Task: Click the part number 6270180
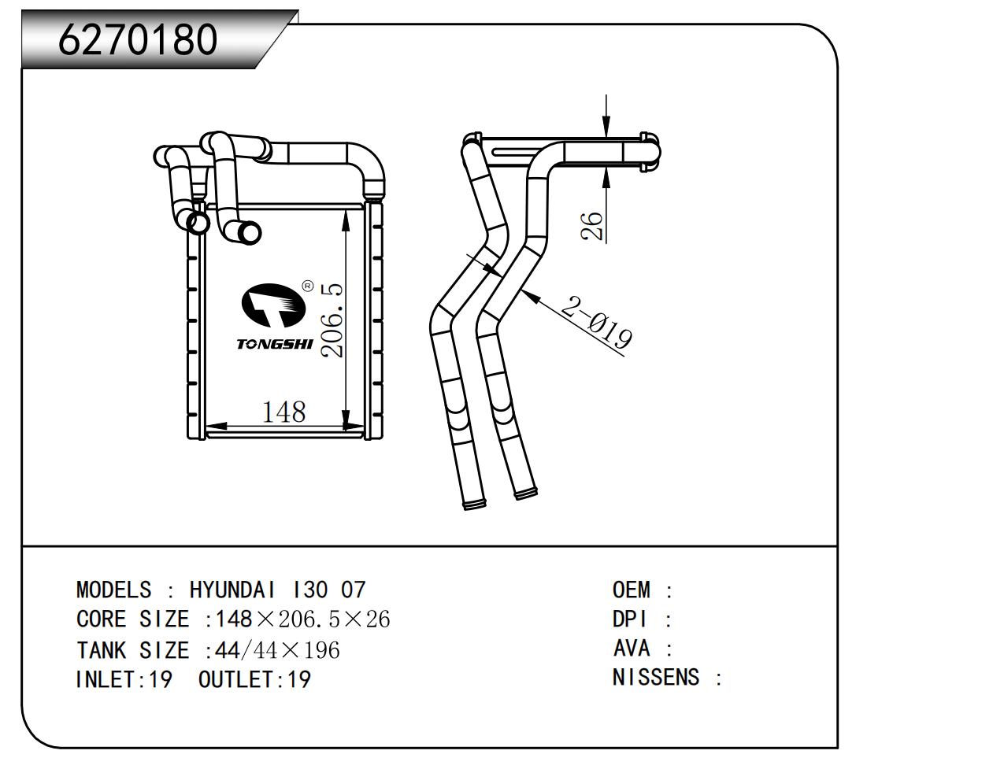pos(138,39)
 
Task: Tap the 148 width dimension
pos(283,412)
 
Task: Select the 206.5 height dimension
pos(333,320)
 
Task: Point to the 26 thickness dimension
pos(592,226)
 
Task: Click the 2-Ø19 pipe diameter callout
pos(596,322)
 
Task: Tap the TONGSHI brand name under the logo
pos(274,344)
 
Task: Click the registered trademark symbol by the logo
pos(307,287)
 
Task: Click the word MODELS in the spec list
pos(113,590)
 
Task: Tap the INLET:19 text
pos(124,679)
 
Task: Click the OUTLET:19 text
pos(254,679)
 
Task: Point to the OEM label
pos(632,590)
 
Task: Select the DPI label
pos(630,619)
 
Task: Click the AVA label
pos(632,649)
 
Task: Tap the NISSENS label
pos(656,678)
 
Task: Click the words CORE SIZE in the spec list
pos(132,619)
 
